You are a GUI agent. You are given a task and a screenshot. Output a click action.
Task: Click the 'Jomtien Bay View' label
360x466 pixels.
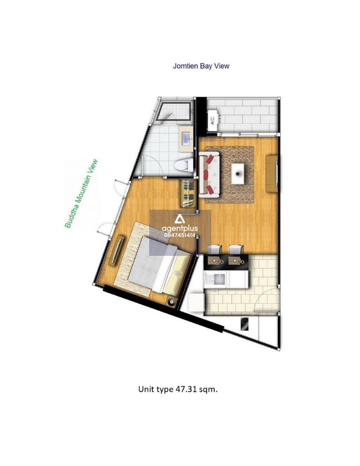pos(201,66)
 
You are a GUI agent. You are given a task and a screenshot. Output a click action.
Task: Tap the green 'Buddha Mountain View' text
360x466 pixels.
pos(81,194)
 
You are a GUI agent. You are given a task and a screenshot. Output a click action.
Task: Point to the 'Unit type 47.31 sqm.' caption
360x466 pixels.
pos(178,389)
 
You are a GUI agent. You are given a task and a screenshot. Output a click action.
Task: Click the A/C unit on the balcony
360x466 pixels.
pos(213,120)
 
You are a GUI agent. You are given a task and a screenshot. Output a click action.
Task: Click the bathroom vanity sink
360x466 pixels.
pos(187,139)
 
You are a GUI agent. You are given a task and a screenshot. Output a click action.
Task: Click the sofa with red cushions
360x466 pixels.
pos(210,174)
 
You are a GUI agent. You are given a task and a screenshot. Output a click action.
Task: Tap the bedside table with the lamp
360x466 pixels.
pos(172,302)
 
